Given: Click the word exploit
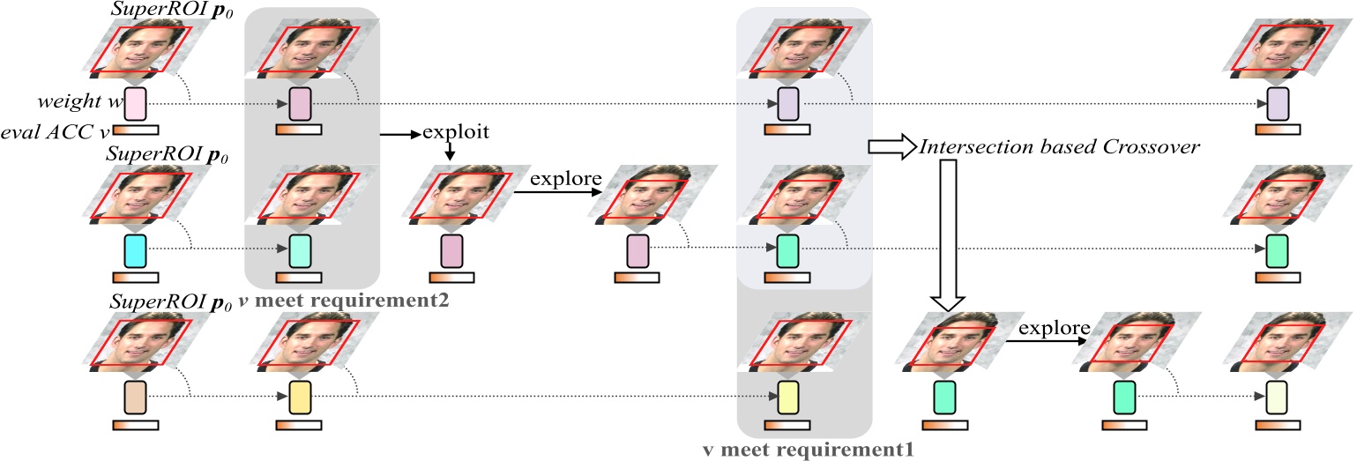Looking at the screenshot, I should point(456,134).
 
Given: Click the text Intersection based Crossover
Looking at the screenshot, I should point(1058,147).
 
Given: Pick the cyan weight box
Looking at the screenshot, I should point(135,250).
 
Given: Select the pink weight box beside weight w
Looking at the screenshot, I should point(135,104).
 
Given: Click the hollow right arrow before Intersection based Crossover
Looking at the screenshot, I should point(890,147).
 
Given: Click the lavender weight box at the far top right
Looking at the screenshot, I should point(1278,104).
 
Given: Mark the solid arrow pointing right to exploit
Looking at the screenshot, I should point(400,135).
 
